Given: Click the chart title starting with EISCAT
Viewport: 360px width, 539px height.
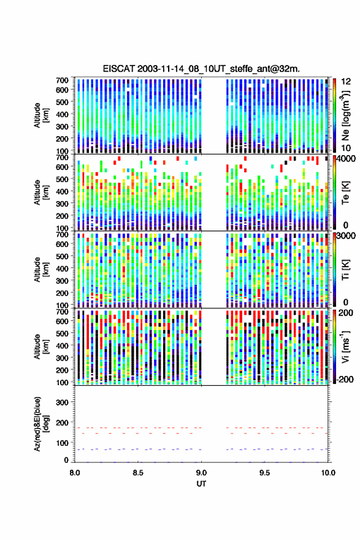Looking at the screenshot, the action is pos(201,69).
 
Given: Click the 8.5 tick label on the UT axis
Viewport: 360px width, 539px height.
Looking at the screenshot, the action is pos(138,473).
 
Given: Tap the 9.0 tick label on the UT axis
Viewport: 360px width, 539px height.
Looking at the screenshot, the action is pos(201,473).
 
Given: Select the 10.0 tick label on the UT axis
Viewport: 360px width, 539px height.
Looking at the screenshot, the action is pos(328,473).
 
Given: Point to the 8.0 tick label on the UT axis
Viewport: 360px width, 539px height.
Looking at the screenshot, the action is pos(75,473).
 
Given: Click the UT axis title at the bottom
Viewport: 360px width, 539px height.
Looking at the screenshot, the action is pos(201,484).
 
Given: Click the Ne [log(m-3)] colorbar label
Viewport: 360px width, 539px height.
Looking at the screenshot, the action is pos(345,115).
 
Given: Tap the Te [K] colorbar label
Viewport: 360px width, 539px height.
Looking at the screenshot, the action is pos(345,193).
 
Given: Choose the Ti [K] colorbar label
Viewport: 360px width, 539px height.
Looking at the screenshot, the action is pos(345,270).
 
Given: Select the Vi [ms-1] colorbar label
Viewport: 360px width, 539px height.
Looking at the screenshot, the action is pos(345,346).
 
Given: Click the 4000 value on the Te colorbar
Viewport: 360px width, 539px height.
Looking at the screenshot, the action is pos(347,159).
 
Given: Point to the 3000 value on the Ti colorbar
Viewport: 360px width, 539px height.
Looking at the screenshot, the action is pos(347,236).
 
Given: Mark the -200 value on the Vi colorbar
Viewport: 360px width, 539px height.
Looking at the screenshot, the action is pos(345,379).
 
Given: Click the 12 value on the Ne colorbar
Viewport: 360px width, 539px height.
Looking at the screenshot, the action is pos(347,82).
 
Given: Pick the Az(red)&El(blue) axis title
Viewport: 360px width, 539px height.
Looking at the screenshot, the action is pos(40,424).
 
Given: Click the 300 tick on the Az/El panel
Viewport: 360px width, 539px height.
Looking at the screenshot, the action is pos(62,402).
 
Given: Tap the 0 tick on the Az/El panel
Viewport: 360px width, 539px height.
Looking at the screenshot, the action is pos(66,460).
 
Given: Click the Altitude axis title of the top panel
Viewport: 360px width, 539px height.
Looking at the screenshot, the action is pos(40,115).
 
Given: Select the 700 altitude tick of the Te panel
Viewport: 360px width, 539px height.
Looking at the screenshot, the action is pos(62,158).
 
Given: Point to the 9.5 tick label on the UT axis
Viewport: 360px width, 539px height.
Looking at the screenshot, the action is pos(264,473).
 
